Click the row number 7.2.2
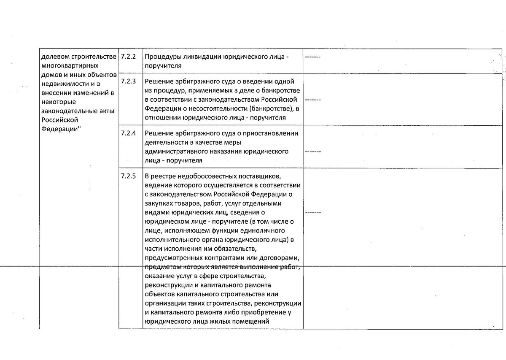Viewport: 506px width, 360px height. tap(128, 57)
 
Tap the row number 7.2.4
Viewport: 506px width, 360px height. tap(128, 133)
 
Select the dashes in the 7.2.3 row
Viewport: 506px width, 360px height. tap(312, 100)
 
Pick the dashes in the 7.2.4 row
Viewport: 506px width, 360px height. tap(312, 152)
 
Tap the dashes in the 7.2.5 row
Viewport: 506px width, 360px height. tap(312, 212)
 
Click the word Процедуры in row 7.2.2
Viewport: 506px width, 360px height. tap(161, 57)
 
